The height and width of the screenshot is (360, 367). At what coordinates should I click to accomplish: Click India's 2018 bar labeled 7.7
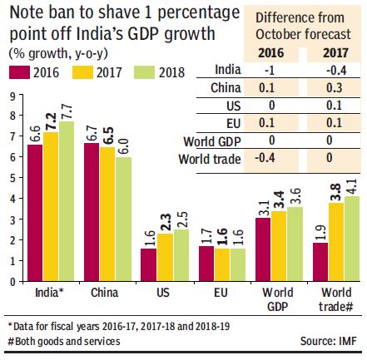pyautogui.click(x=67, y=201)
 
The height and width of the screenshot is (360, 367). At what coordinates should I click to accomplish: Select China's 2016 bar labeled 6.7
pyautogui.click(x=92, y=212)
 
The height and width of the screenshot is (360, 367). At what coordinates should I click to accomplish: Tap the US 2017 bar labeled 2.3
pyautogui.click(x=165, y=258)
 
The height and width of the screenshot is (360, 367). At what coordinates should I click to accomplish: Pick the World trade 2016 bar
pyautogui.click(x=320, y=262)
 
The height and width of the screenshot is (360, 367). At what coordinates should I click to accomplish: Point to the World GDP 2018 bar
pyautogui.click(x=295, y=244)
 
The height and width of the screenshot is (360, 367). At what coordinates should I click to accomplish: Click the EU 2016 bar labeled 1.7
pyautogui.click(x=206, y=264)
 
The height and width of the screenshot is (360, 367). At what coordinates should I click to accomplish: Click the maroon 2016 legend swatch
pyautogui.click(x=19, y=72)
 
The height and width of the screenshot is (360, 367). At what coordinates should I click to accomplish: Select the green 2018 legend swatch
pyautogui.click(x=144, y=72)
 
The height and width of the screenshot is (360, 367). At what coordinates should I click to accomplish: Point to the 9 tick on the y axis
pyautogui.click(x=13, y=96)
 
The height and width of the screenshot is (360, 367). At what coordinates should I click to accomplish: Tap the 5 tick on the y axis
pyautogui.click(x=13, y=178)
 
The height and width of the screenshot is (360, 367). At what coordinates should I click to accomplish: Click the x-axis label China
pyautogui.click(x=105, y=293)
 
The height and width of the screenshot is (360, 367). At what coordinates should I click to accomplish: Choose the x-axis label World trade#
pyautogui.click(x=336, y=299)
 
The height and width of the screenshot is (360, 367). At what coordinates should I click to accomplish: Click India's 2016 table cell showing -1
pyautogui.click(x=270, y=71)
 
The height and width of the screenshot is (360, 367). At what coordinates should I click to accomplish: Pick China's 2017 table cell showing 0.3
pyautogui.click(x=334, y=88)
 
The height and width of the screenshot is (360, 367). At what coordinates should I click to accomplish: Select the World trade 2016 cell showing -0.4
pyautogui.click(x=265, y=158)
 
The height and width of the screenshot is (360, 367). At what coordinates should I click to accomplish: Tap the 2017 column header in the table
pyautogui.click(x=335, y=53)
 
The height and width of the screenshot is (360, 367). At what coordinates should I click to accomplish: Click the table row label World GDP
pyautogui.click(x=212, y=141)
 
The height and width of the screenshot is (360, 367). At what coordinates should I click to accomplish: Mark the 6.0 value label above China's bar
pyautogui.click(x=124, y=146)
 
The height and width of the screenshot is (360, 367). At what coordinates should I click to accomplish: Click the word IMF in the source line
pyautogui.click(x=348, y=341)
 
